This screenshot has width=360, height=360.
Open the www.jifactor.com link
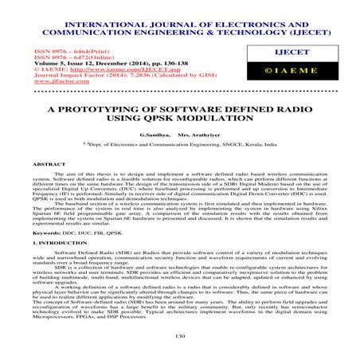click(x=37, y=81)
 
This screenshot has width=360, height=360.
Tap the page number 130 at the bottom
click(x=179, y=338)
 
